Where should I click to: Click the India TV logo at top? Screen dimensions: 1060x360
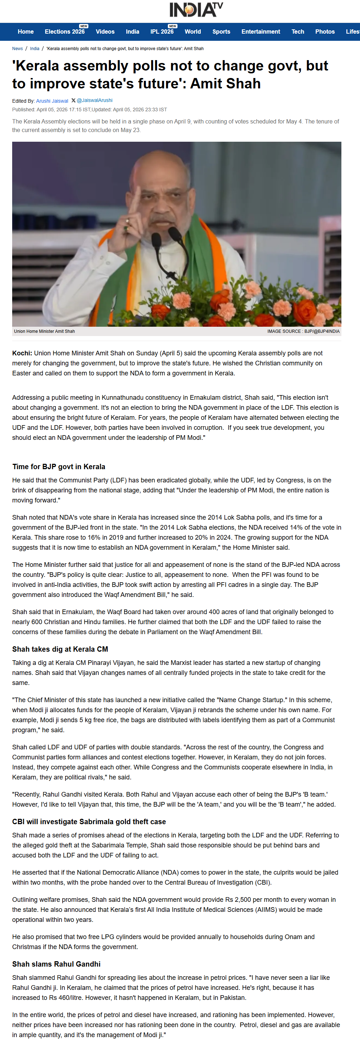[196, 9]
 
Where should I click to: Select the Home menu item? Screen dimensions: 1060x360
[25, 32]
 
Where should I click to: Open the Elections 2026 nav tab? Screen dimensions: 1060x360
[65, 32]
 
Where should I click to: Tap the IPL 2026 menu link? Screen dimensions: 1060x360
[162, 32]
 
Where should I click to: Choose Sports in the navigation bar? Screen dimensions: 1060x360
[221, 32]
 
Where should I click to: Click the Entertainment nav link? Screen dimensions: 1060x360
[261, 32]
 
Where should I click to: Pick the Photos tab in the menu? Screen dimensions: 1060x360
[325, 32]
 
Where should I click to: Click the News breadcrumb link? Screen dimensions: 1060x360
[17, 49]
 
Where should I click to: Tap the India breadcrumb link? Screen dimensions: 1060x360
[35, 49]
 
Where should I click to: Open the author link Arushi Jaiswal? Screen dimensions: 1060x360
[52, 101]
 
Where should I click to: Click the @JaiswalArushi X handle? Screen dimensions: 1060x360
[94, 101]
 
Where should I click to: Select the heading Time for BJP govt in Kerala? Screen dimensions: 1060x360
[58, 467]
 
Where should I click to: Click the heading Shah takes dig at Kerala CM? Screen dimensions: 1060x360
[60, 649]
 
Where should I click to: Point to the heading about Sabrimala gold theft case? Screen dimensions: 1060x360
[89, 822]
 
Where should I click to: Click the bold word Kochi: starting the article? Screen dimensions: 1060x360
[22, 353]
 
